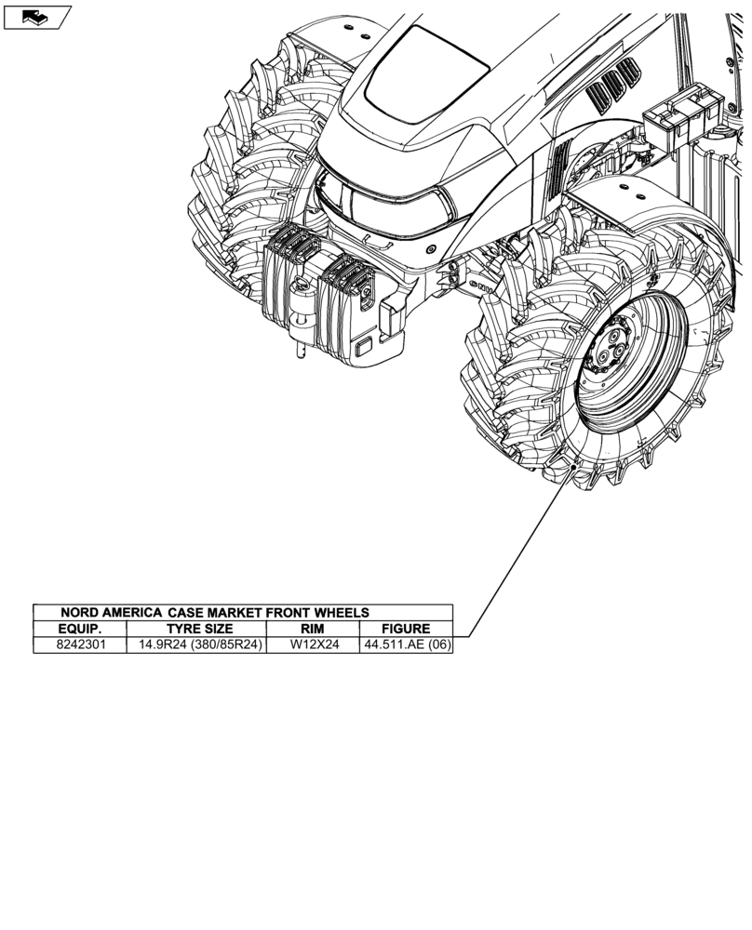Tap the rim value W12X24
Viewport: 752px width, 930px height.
[314, 644]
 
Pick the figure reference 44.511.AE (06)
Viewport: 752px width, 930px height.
[406, 644]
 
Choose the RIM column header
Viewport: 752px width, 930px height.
[313, 629]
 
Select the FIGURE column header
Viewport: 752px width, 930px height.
[406, 629]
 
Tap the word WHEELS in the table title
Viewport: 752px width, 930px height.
[342, 613]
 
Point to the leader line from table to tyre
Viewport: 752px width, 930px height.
[517, 558]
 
